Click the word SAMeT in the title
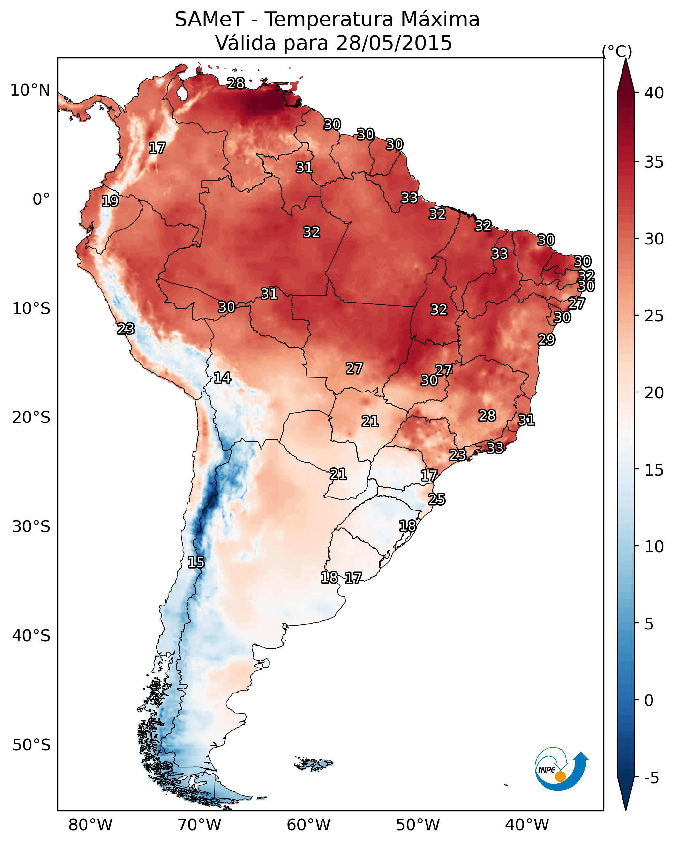tap(209, 20)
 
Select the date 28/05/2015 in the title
tap(394, 43)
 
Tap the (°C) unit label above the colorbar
tap(617, 51)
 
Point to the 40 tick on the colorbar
tap(654, 93)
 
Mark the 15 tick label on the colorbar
tap(654, 470)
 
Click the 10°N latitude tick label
tap(30, 90)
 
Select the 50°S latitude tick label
tap(31, 745)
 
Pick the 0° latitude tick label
tap(41, 200)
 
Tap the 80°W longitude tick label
tap(90, 825)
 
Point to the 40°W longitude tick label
tap(527, 825)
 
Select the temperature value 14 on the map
tap(222, 378)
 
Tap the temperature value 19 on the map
tap(110, 201)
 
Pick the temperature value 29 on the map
tap(546, 339)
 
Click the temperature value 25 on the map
tap(437, 499)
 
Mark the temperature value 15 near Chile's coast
tap(196, 562)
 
